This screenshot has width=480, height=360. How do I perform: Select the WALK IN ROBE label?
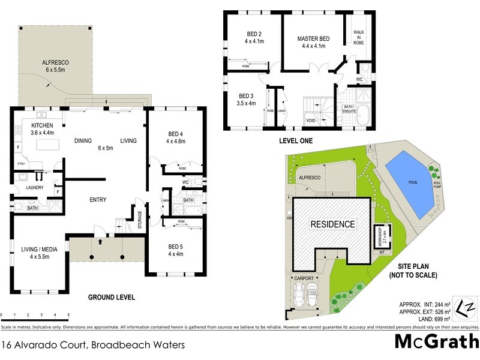(358, 35)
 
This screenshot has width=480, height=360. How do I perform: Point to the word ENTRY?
(98, 199)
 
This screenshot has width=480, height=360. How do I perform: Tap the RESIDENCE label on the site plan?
(332, 224)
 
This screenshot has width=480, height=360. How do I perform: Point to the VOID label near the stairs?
(311, 121)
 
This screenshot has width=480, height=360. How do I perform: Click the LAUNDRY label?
(30, 187)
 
